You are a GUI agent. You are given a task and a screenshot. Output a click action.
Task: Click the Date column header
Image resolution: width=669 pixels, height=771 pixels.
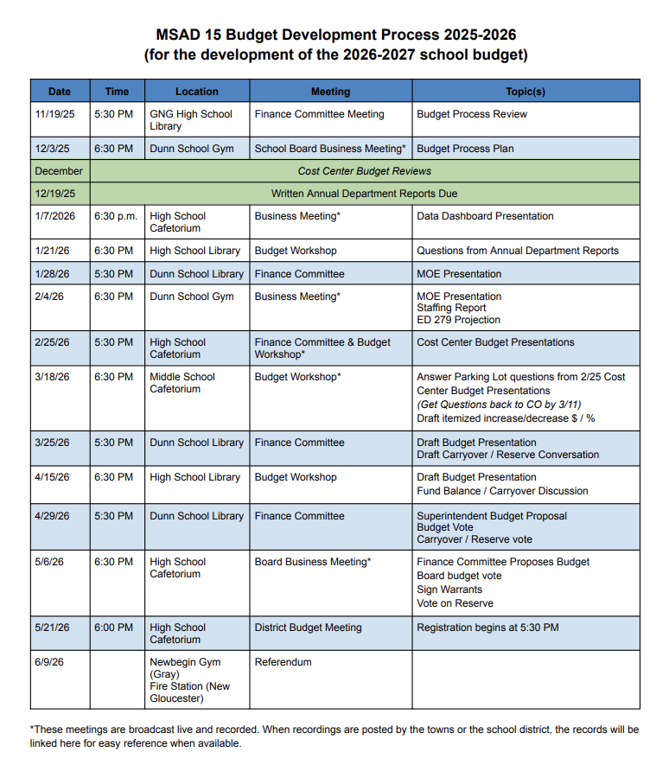60,91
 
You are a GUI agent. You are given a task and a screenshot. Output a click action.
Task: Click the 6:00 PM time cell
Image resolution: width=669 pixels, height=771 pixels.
113,628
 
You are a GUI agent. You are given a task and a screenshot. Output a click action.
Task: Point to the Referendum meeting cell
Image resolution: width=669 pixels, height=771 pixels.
283,662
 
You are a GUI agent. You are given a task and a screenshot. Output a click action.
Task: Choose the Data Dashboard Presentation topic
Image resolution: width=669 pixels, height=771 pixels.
485,216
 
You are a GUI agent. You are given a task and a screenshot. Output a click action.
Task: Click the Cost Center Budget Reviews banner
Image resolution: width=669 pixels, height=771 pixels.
364,171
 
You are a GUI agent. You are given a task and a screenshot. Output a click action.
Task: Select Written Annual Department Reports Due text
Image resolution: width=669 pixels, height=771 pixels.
364,194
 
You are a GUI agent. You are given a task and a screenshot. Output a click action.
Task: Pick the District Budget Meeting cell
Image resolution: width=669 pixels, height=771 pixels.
308,628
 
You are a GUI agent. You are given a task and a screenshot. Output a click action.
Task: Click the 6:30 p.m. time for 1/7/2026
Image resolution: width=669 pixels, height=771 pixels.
116,216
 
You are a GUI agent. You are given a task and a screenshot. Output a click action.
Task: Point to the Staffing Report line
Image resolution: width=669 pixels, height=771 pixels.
451,308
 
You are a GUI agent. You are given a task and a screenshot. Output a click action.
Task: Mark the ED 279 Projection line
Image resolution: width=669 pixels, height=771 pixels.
458,320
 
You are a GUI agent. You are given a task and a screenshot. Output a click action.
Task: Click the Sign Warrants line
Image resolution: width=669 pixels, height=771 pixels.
449,589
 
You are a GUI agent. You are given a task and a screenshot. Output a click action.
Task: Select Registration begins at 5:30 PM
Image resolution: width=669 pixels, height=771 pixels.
487,628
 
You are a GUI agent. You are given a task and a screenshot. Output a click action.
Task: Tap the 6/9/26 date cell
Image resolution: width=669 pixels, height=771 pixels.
49,662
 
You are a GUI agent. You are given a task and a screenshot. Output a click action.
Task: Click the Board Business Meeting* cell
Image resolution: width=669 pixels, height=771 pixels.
312,562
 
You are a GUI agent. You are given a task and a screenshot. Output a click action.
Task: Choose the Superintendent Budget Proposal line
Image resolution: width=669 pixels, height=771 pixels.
492,516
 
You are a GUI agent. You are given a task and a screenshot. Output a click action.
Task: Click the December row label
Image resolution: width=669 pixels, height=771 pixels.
59,171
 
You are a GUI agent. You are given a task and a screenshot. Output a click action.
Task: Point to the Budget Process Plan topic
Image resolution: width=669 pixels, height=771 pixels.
465,149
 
